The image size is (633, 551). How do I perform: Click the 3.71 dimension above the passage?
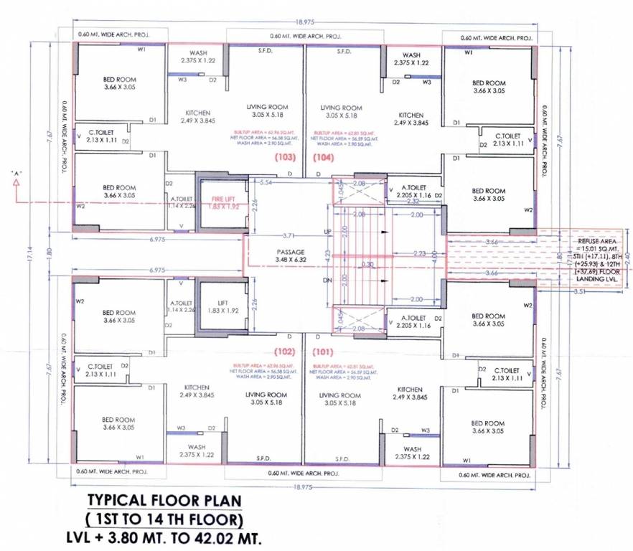tap(289, 235)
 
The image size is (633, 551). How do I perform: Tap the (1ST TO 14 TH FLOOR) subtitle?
tap(164, 517)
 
